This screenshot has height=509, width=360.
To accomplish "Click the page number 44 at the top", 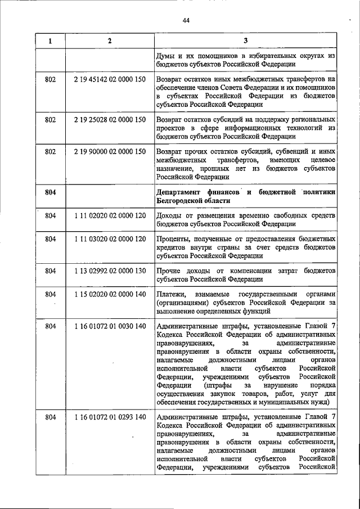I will tap(186, 21).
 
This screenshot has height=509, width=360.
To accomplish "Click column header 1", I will tap(51, 40).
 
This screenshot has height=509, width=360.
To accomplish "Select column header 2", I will tap(110, 40).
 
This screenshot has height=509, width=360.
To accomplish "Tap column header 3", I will tap(246, 40).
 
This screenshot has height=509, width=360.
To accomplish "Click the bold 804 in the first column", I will tap(51, 192).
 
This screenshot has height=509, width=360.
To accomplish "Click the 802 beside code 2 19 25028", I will tap(51, 120).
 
